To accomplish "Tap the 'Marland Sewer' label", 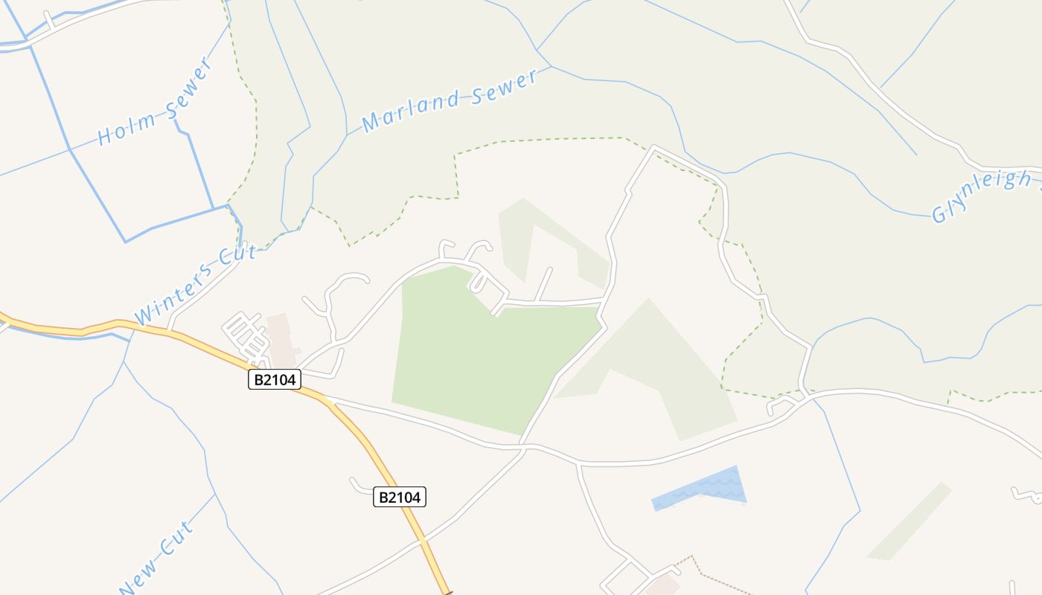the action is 450,100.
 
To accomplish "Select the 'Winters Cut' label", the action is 196,285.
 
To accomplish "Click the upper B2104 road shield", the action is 274,380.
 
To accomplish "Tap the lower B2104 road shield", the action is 400,497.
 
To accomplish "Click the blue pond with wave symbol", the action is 700,488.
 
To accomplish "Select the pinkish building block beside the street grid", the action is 281,338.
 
